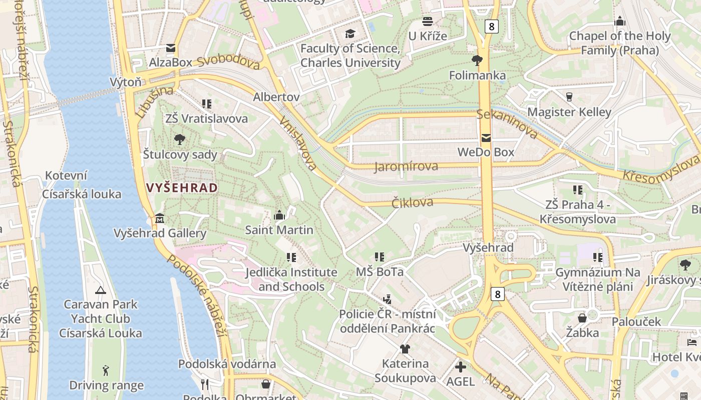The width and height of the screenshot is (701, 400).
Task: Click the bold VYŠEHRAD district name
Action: coord(182,188)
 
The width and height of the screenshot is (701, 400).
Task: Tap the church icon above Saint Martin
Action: coord(279,215)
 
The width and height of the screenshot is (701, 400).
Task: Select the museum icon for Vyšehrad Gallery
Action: coord(160,218)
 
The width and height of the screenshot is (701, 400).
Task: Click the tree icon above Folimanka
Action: coord(477,61)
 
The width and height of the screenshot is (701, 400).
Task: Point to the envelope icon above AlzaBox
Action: coord(171,48)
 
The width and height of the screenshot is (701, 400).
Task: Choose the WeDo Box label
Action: coord(486,152)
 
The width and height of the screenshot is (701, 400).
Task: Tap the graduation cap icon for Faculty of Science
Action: coord(350,34)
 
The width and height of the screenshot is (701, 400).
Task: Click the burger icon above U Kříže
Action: coord(427,21)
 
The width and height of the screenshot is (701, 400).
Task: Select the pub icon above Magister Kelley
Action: coord(569,97)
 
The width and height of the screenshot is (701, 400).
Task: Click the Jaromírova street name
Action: coord(406,166)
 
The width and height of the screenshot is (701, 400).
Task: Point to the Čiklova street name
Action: coord(412,202)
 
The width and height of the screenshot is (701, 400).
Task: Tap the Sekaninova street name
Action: coord(507,123)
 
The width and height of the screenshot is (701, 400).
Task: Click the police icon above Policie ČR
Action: coord(387,299)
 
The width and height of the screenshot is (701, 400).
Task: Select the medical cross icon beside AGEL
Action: coord(460,367)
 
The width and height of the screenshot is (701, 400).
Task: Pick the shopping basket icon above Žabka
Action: coord(582,318)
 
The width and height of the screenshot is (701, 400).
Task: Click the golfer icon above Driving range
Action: coord(106,370)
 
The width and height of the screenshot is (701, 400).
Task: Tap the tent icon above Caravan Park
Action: coord(101,290)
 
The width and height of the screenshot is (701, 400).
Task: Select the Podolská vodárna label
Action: coord(227,364)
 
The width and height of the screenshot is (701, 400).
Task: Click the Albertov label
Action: coord(276,96)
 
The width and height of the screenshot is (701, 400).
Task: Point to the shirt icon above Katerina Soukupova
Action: coord(405,348)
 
